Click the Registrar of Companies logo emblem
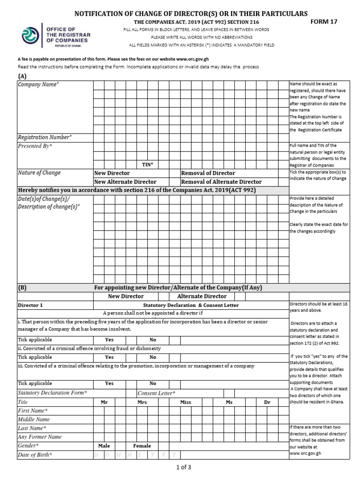(30, 35)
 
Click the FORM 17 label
(324, 22)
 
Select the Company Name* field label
(38, 84)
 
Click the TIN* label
(148, 164)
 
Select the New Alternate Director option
(125, 182)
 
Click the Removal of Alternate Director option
(221, 182)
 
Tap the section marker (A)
(22, 76)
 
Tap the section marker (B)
(22, 287)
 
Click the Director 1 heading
(30, 305)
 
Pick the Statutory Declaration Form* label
(52, 392)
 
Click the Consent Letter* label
(157, 393)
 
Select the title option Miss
(186, 402)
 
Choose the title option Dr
(267, 402)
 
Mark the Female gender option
(142, 446)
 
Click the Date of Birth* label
(35, 455)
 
